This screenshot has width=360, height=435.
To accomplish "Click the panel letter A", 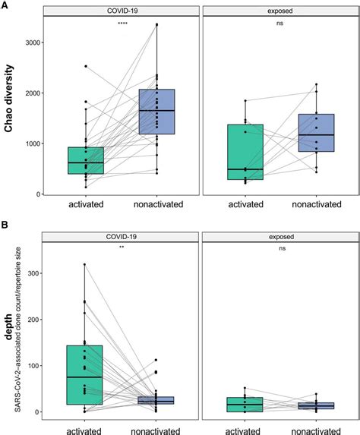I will pyautogui.click(x=5, y=4).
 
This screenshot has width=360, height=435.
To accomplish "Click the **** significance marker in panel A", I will pyautogui.click(x=122, y=24).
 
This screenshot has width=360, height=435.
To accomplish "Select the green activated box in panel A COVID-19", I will pyautogui.click(x=85, y=160).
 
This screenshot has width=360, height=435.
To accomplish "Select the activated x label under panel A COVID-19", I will pyautogui.click(x=85, y=205).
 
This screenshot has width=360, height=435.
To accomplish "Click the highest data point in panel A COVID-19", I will pyautogui.click(x=157, y=25).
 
